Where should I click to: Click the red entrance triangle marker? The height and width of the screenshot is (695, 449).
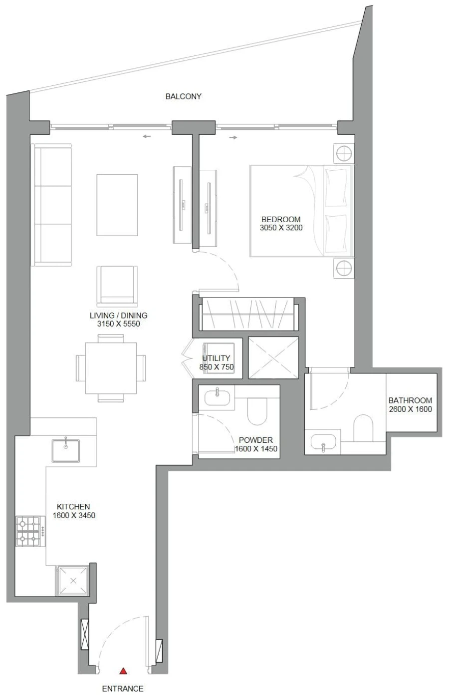coord(123,672)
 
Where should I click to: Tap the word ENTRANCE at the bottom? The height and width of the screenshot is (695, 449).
coord(123,689)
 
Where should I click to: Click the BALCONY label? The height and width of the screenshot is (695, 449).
coord(183,96)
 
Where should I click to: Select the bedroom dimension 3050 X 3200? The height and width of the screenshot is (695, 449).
coord(281,228)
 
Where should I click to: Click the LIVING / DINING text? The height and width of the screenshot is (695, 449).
coord(118,316)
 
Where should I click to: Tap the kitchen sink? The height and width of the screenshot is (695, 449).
coord(65,450)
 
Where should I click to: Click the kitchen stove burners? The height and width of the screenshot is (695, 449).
coord(28,531)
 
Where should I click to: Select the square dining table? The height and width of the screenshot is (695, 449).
coord(111,368)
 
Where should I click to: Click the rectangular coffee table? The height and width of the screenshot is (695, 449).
coord(117,205)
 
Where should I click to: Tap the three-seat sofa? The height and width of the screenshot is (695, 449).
coord(52,205)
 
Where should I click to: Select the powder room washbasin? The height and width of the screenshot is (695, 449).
coord(218,397)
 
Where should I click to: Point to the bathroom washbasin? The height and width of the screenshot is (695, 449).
coord(323,443)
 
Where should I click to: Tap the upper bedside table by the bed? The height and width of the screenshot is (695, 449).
coord(344,153)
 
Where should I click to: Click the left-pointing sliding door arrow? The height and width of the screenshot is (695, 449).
coord(146,136)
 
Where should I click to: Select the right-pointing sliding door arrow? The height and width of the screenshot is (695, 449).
coord(233,137)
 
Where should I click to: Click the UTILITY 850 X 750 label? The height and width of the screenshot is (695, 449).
coord(216,362)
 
